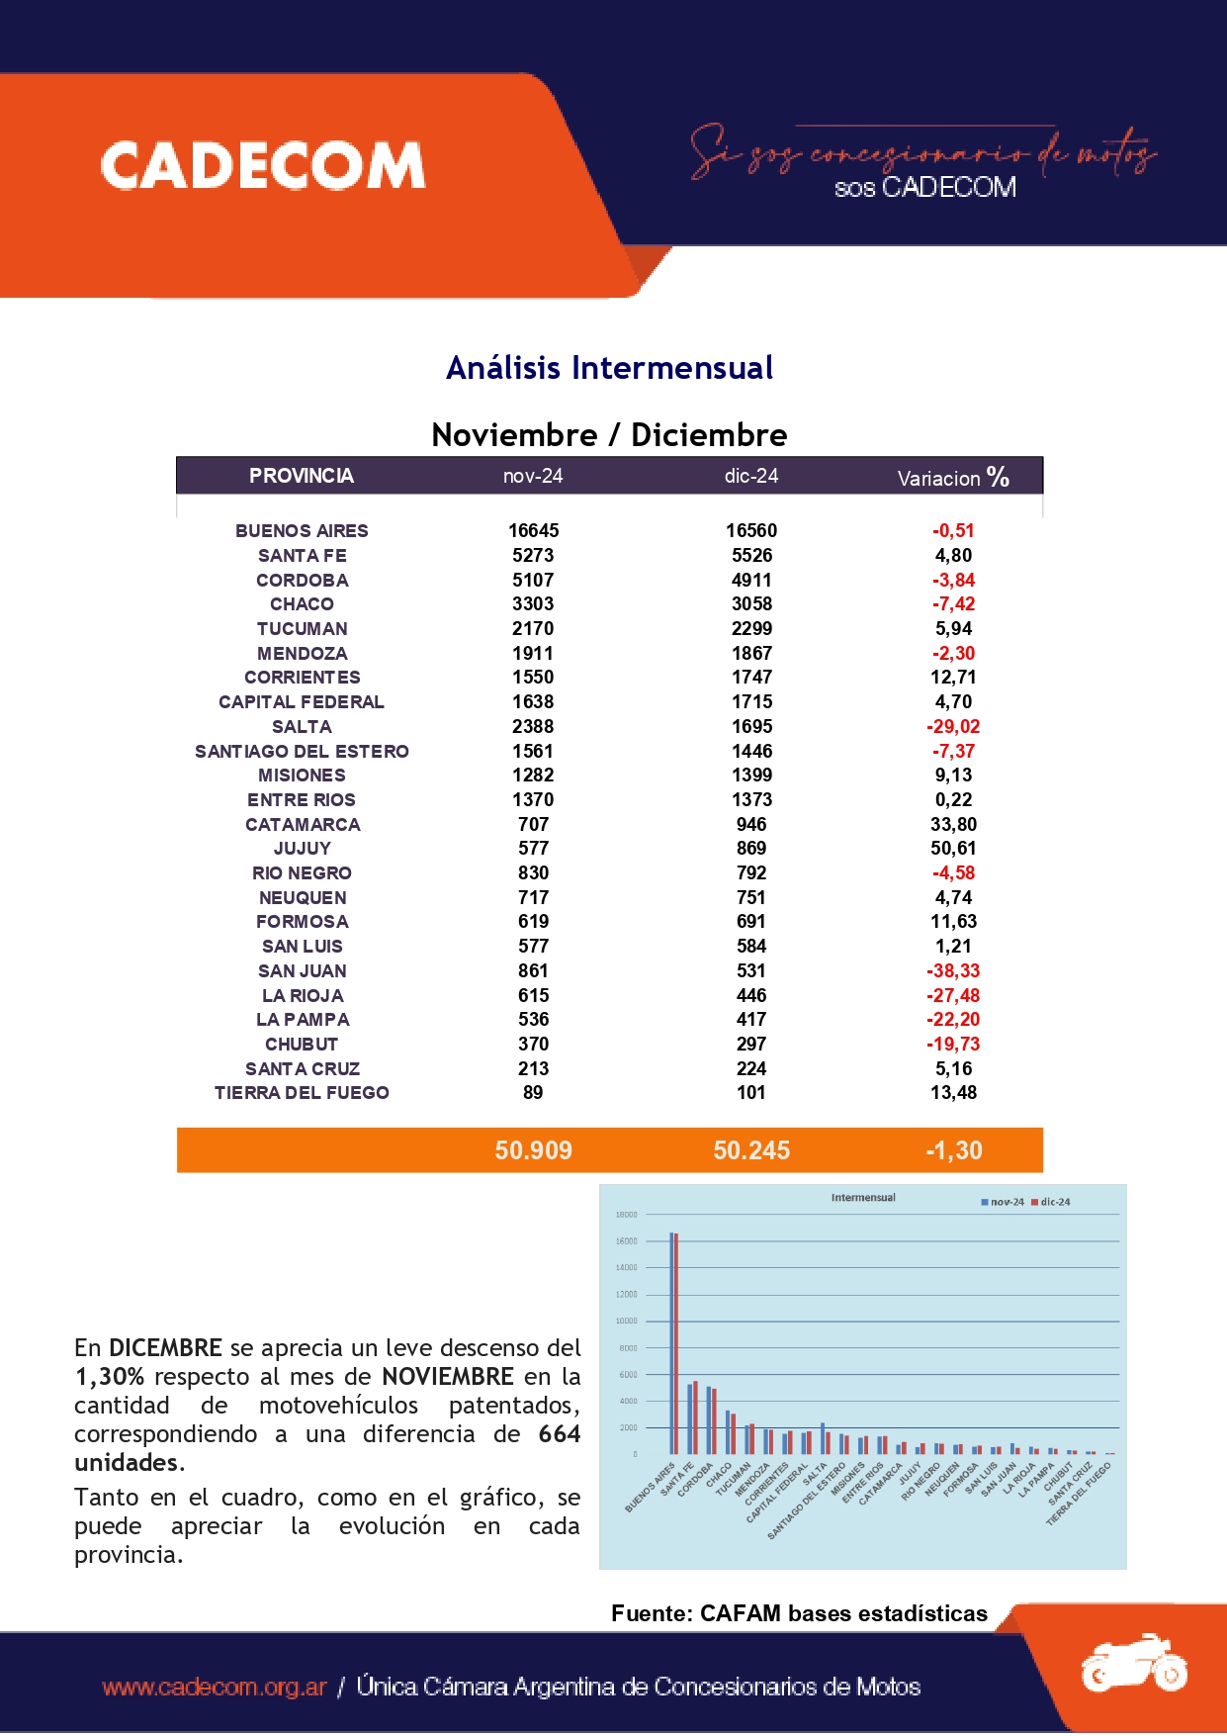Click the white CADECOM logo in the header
[x=263, y=165]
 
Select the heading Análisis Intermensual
[x=609, y=368]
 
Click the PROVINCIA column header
[x=301, y=476]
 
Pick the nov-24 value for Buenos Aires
[x=533, y=531]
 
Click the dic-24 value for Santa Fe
[x=751, y=556]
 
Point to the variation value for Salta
[x=953, y=727]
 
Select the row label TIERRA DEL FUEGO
[x=302, y=1093]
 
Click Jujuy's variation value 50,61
[x=953, y=849]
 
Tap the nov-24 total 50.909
[x=533, y=1150]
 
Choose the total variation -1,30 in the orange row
[x=953, y=1150]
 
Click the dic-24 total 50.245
[x=751, y=1150]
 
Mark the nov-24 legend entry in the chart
[x=1003, y=1202]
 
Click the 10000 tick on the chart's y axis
[x=627, y=1322]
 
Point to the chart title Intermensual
[x=863, y=1198]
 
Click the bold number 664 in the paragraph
[x=559, y=1434]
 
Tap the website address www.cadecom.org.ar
[x=214, y=1687]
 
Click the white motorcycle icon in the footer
[x=1133, y=1664]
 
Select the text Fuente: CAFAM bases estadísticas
[x=799, y=1613]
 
